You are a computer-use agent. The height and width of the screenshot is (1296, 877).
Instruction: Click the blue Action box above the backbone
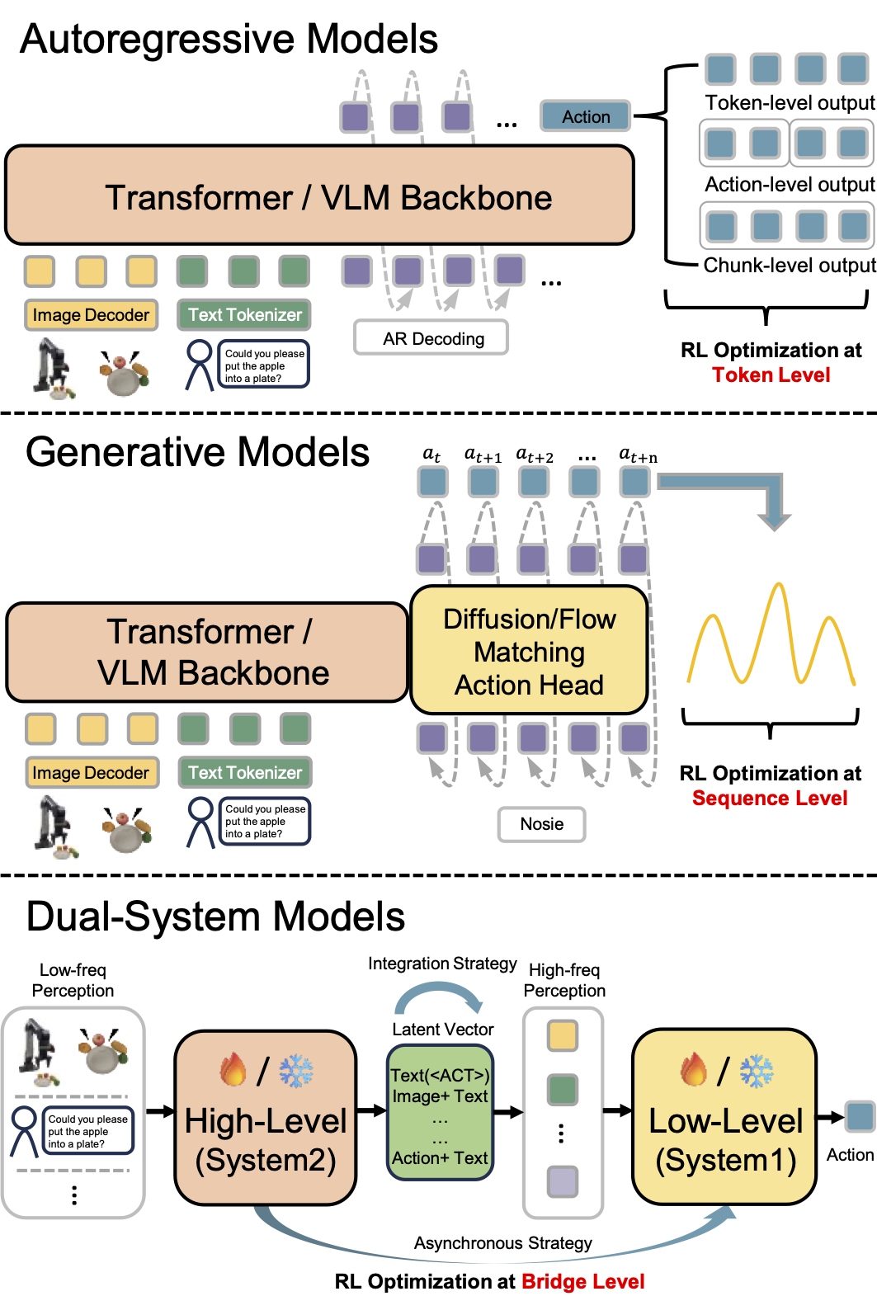[586, 116]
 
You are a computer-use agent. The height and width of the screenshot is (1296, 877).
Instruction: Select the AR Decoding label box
[431, 338]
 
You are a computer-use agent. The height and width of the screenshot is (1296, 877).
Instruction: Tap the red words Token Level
[771, 375]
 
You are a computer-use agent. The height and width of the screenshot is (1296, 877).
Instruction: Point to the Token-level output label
[790, 103]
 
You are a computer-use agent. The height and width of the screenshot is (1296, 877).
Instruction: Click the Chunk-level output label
[790, 266]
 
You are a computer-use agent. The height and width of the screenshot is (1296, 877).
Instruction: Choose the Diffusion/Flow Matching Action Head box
[529, 651]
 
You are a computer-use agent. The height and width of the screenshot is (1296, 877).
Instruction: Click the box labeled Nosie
[541, 824]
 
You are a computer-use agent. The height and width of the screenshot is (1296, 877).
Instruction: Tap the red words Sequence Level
[770, 799]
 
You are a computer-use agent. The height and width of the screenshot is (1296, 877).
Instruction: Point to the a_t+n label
[638, 455]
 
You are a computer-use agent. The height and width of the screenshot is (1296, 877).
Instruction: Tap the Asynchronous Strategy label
[502, 1243]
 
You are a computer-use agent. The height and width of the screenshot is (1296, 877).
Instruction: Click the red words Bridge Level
[582, 1282]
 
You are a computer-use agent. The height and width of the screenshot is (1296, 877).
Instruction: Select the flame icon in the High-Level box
[233, 1070]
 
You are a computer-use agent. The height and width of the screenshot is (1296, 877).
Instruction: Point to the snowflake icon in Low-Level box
[756, 1071]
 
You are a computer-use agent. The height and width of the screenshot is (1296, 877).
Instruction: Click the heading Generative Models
[197, 452]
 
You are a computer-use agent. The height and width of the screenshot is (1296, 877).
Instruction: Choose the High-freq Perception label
[564, 980]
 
